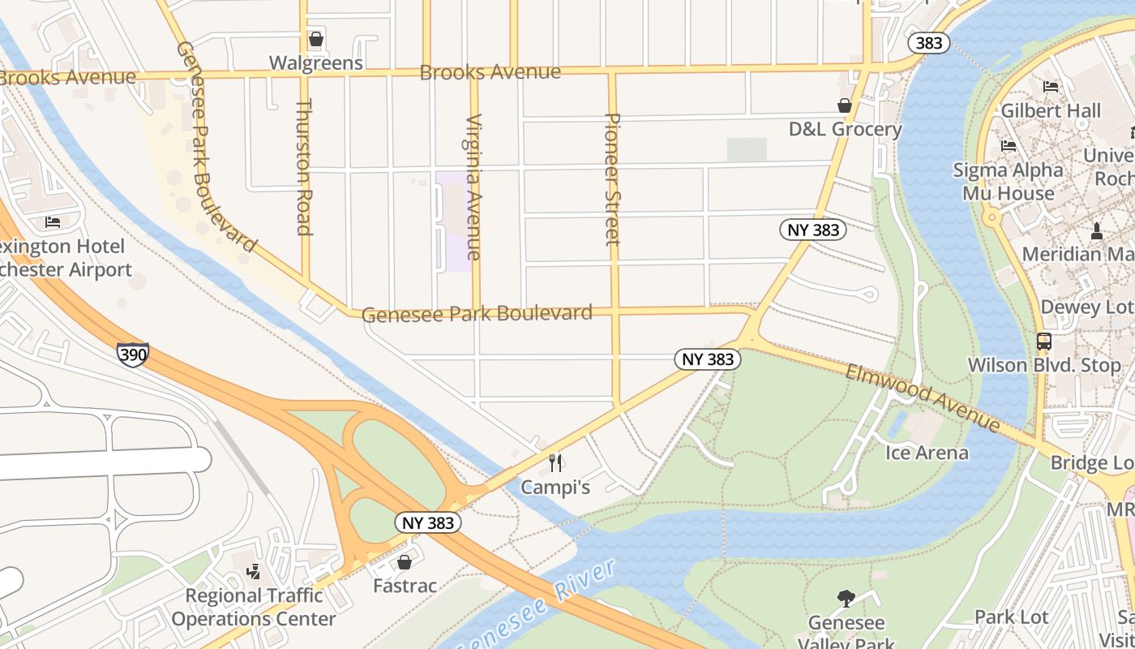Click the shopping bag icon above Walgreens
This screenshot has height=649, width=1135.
316,39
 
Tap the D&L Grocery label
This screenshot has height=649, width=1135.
845,129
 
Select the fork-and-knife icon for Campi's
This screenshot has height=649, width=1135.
555,463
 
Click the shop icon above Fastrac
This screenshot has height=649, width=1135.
405,561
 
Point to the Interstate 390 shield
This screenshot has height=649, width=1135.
132,354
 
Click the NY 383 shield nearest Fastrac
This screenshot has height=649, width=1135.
428,523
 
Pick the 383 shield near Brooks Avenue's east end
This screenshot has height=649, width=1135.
928,43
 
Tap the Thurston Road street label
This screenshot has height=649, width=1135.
304,167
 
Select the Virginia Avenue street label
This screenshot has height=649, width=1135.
474,187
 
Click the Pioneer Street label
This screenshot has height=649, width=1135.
613,178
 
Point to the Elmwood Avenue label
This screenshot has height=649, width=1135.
923,398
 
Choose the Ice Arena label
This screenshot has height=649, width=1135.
927,453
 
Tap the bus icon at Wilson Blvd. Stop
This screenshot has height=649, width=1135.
1044,342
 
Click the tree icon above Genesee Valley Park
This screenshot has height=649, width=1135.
846,599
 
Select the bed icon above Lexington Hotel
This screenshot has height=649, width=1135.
53,221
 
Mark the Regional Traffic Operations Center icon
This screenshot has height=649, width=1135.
254,571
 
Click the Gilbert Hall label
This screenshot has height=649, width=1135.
1051,110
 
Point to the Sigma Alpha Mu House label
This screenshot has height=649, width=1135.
1008,182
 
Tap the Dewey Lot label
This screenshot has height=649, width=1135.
1086,307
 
